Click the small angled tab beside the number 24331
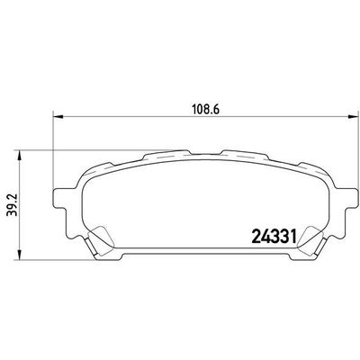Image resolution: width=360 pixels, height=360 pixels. pos(310,241)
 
